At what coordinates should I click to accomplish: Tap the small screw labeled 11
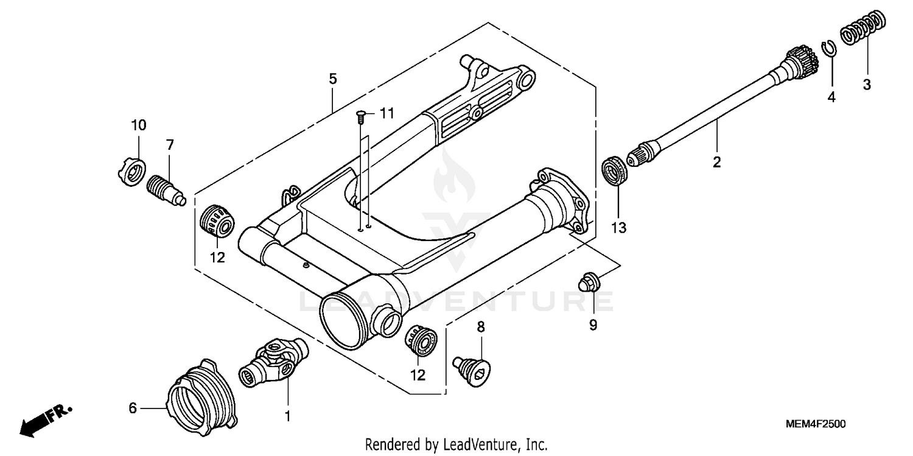click(360, 114)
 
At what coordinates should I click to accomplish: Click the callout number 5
click(332, 79)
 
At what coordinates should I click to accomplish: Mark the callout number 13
click(618, 228)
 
